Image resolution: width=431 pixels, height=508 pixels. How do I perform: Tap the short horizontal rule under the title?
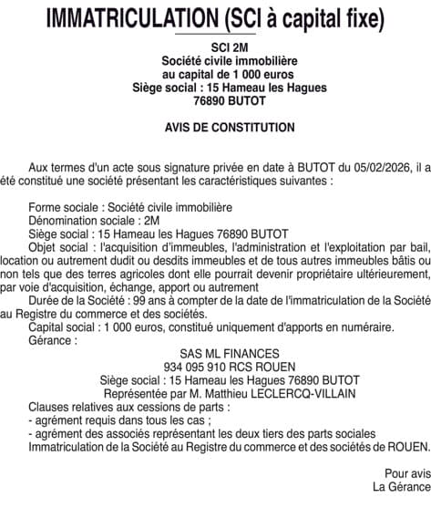(215, 34)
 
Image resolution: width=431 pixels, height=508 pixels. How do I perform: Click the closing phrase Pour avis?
(403, 473)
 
